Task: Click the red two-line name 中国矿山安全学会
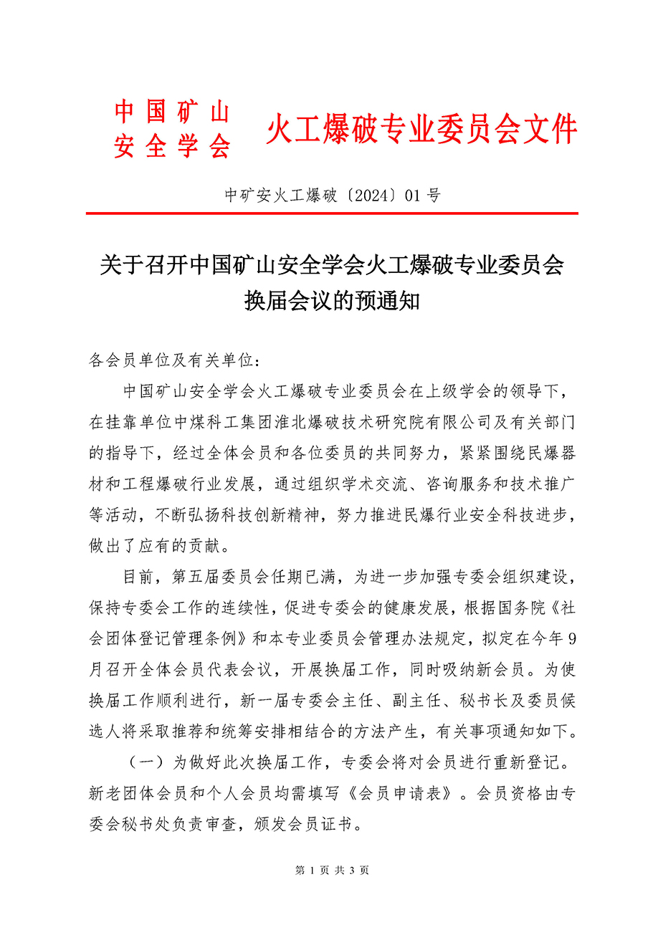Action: [172, 130]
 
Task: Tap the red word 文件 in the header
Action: [548, 130]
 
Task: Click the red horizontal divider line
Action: [332, 214]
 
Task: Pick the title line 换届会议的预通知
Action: [332, 301]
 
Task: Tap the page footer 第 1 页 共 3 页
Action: [332, 871]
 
